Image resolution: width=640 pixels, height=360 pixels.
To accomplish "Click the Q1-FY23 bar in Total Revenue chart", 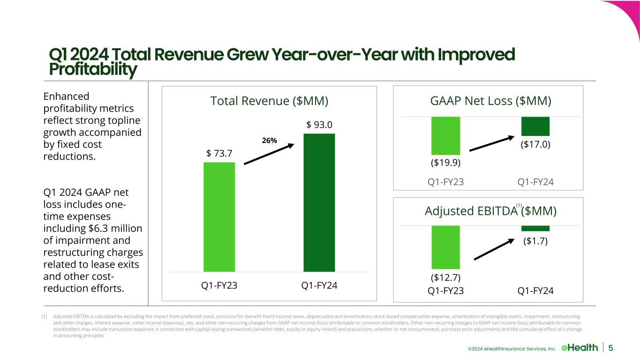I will click(219, 217).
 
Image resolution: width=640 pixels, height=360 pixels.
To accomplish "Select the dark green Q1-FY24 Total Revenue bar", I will click(319, 202).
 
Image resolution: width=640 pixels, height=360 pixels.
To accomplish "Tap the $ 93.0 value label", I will click(319, 125).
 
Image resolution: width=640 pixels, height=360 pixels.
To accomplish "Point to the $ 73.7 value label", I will click(219, 153).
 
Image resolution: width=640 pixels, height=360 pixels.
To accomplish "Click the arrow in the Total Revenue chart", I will click(269, 154).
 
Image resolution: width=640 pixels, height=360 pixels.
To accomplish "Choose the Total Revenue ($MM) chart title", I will click(269, 101).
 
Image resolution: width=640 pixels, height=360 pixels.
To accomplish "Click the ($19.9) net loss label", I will click(445, 163).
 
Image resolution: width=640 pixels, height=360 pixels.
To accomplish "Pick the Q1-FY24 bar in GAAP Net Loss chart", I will click(535, 126).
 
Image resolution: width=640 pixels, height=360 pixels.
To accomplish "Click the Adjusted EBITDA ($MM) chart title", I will click(490, 211).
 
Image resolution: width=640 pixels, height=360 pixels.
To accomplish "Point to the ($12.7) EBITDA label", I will click(445, 277).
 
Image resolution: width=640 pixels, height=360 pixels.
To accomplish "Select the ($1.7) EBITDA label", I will click(535, 241).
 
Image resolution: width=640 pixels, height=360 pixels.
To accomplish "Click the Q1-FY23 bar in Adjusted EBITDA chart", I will click(445, 247).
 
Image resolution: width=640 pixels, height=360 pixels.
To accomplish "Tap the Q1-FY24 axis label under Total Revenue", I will click(319, 285).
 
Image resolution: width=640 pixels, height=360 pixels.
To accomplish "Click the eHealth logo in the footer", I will click(580, 347).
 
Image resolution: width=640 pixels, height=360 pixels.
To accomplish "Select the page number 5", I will click(611, 347).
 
